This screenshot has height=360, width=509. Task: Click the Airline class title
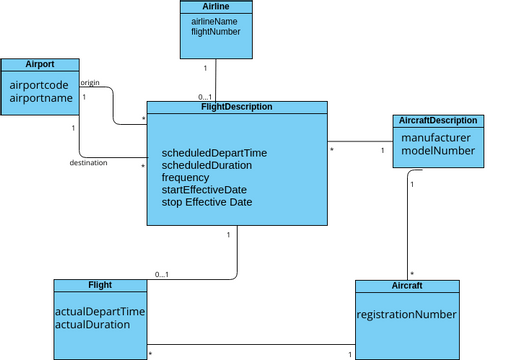tap(215, 6)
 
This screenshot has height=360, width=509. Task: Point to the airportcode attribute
tap(39, 86)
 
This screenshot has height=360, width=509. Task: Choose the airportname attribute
tap(41, 99)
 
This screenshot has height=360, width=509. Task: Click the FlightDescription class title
tap(237, 106)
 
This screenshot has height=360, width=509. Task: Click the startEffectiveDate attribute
tap(204, 189)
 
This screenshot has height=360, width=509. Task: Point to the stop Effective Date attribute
tap(206, 201)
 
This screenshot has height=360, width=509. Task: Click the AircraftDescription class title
tap(438, 121)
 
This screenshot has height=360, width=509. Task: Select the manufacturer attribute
tap(435, 138)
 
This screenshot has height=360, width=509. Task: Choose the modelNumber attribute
tap(437, 151)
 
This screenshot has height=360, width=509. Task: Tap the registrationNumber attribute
tap(407, 314)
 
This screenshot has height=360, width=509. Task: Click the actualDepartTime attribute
tap(100, 312)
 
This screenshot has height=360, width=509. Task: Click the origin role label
tap(89, 82)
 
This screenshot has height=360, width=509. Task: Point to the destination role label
tap(88, 162)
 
